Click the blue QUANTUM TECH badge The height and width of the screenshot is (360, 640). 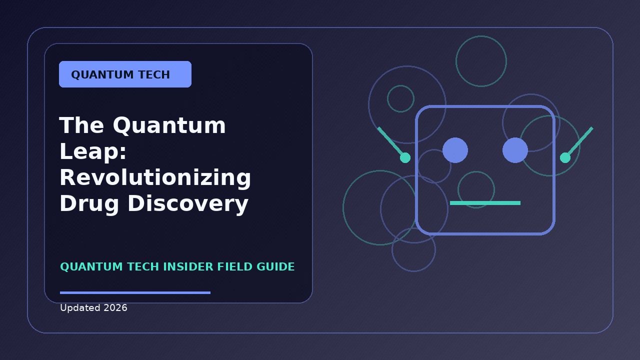(x=125, y=74)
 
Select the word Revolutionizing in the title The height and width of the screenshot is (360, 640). (x=155, y=177)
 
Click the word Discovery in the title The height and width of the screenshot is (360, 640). (x=188, y=203)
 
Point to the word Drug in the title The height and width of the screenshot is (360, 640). (x=89, y=204)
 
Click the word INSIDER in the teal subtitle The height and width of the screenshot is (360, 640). (x=188, y=267)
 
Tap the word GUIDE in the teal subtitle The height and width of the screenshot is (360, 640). (x=275, y=267)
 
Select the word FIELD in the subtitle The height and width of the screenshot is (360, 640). (x=235, y=267)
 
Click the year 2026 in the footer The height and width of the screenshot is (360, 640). (x=115, y=308)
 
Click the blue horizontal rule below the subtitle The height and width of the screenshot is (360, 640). (x=135, y=292)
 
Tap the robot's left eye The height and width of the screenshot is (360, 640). (x=455, y=150)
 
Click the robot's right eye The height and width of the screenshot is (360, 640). (x=515, y=150)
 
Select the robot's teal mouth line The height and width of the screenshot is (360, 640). (x=485, y=203)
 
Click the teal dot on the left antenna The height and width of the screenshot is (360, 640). (x=405, y=157)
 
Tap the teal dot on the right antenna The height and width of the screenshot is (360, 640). (x=565, y=157)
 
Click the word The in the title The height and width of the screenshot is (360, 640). (x=81, y=125)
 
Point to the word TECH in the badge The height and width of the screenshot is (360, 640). (x=154, y=75)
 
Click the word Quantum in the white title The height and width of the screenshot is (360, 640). (x=169, y=125)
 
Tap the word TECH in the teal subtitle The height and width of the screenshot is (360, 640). (x=143, y=267)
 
